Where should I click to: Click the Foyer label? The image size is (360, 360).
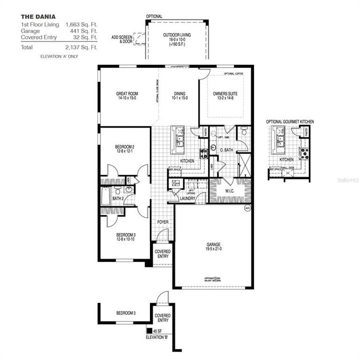(163, 221)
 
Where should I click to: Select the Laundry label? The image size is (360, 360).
(187, 198)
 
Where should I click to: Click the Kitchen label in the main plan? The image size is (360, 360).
(187, 160)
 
